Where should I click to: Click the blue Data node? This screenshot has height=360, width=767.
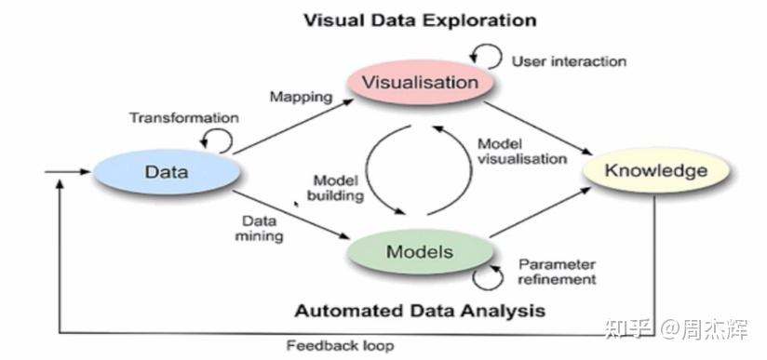click(167, 171)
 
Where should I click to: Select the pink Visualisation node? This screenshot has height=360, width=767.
click(422, 82)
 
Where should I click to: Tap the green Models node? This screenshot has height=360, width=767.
click(421, 252)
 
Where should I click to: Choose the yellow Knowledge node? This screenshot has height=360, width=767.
click(655, 171)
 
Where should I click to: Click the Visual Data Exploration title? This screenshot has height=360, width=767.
click(421, 20)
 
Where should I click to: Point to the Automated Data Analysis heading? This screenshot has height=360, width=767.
click(420, 309)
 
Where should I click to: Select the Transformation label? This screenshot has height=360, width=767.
click(183, 118)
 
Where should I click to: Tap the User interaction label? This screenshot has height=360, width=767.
click(569, 60)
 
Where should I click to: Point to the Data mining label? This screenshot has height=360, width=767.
click(262, 229)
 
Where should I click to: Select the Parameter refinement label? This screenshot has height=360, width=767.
click(557, 271)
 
